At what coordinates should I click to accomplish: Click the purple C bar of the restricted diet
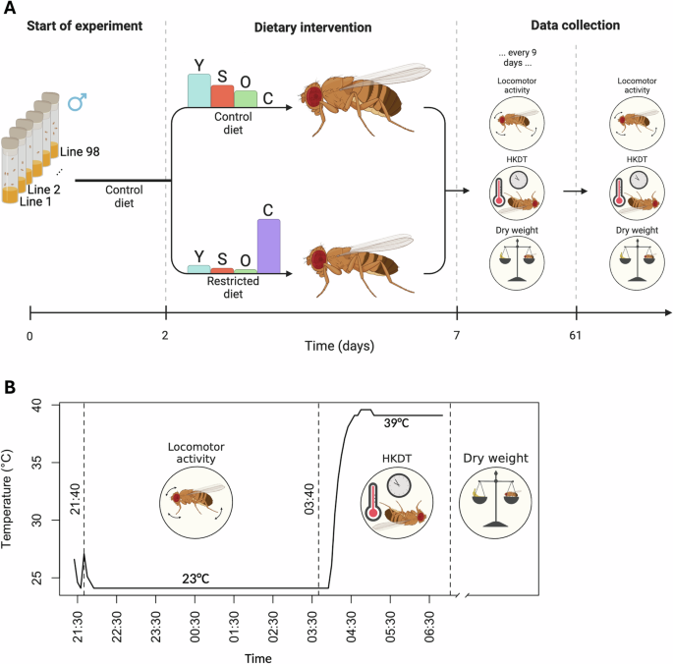point(268,245)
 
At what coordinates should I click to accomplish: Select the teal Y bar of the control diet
point(198,90)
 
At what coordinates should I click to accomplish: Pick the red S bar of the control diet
point(222,95)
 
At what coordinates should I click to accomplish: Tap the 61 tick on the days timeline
point(576,336)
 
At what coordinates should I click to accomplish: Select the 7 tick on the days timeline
point(457,336)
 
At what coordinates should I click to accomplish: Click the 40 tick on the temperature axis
point(36,404)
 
